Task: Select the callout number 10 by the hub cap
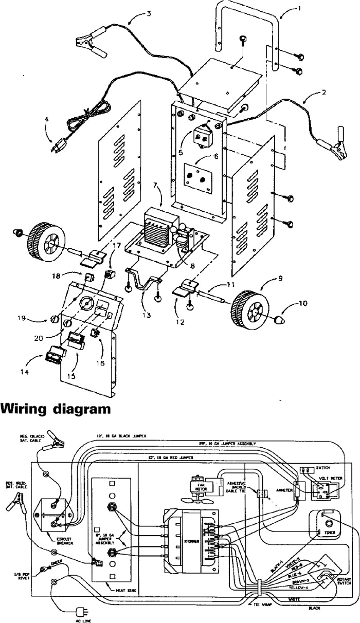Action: click(303, 303)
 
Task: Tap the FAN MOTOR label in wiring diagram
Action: click(194, 485)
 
